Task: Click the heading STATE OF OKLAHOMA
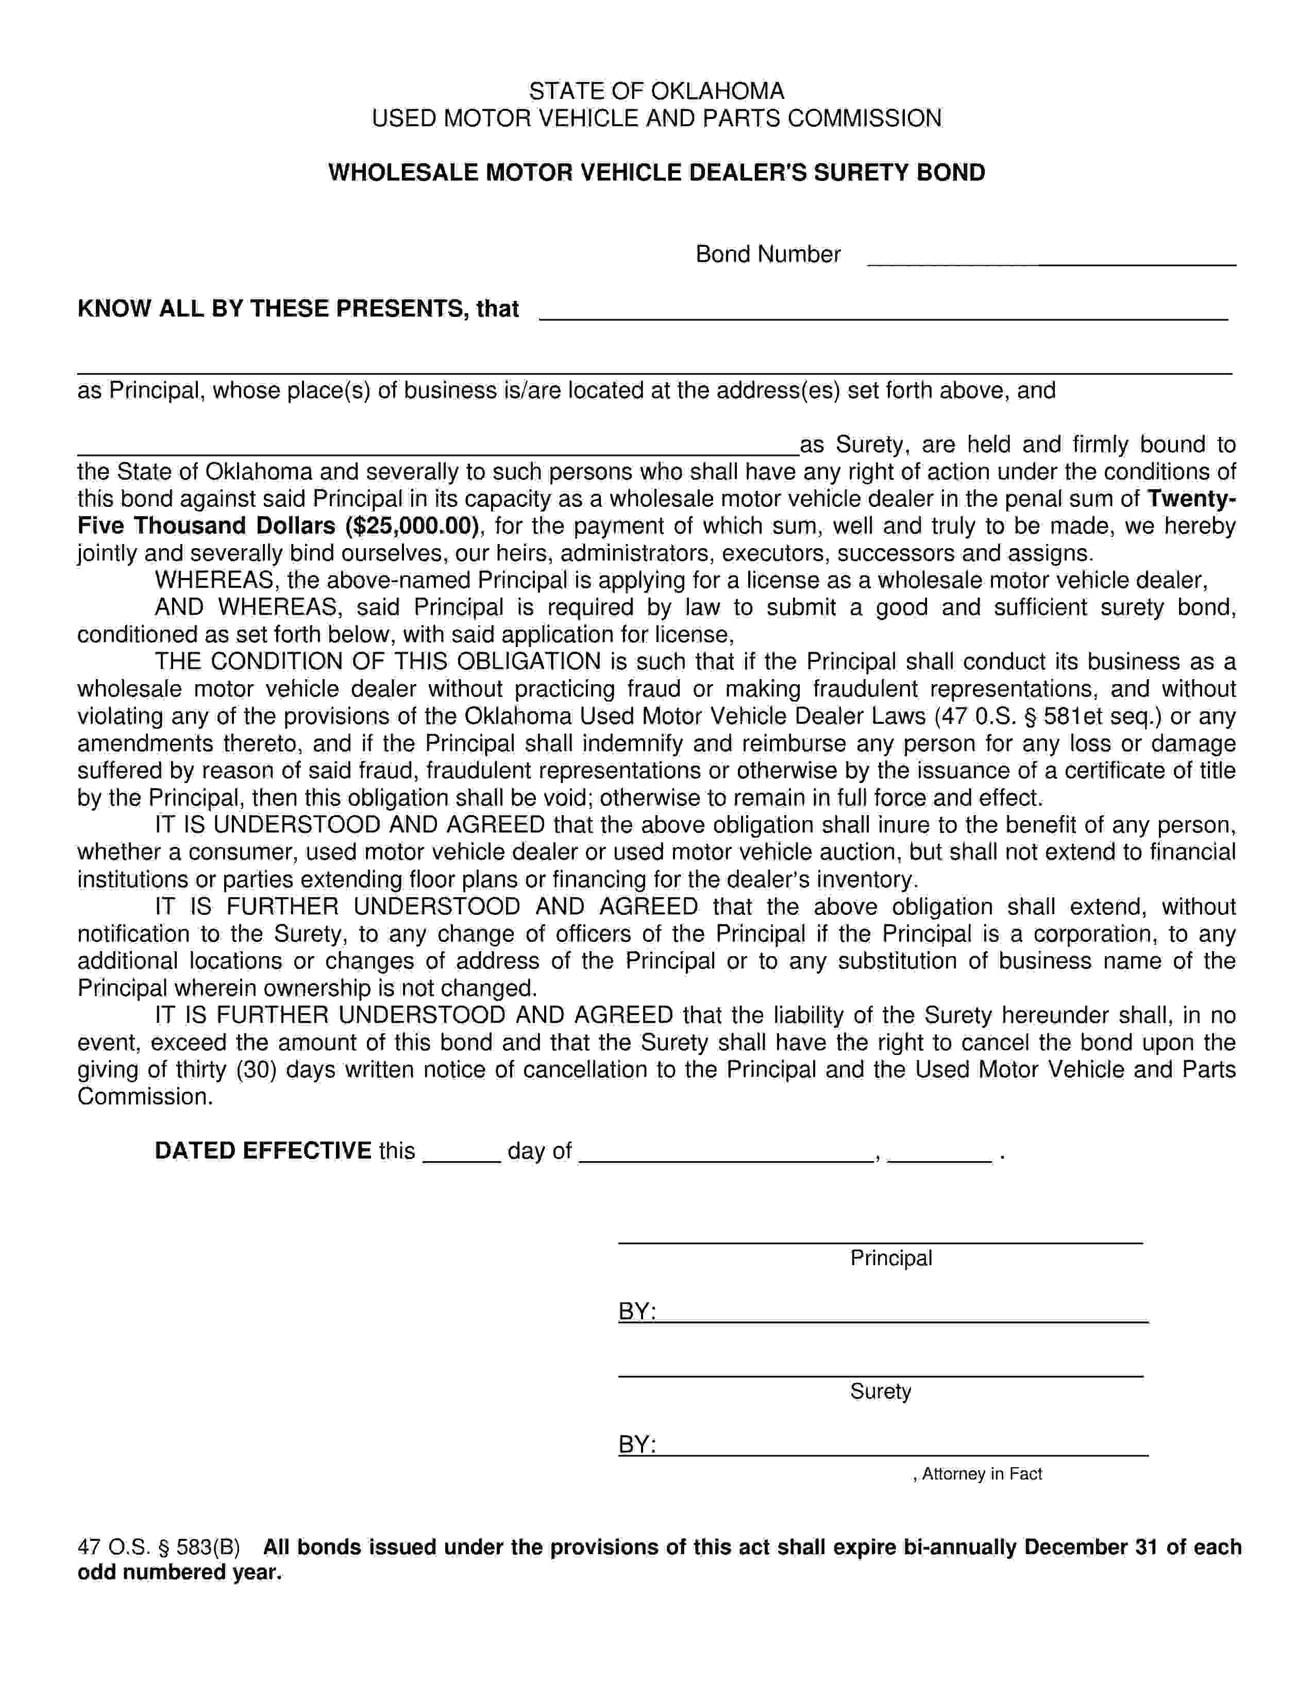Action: click(x=656, y=91)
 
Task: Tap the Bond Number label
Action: click(x=768, y=254)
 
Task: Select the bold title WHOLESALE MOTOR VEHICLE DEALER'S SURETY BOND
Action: click(x=656, y=172)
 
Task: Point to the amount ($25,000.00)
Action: click(x=412, y=526)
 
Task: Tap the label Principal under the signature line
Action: click(x=890, y=1258)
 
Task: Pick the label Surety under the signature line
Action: click(x=881, y=1391)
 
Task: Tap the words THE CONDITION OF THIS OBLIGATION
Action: click(x=378, y=661)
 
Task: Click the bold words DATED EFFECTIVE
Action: click(x=262, y=1150)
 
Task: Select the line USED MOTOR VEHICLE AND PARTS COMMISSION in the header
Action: click(x=656, y=118)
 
